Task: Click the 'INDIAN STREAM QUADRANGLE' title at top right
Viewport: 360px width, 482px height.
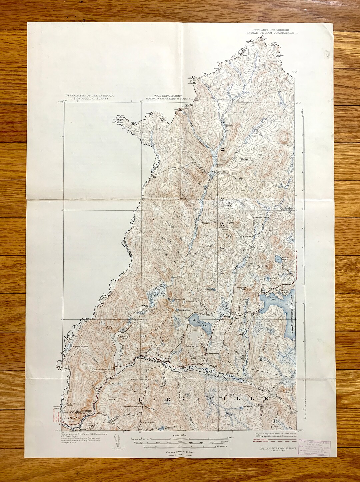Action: point(271,33)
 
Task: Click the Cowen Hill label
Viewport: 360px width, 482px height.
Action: point(229,236)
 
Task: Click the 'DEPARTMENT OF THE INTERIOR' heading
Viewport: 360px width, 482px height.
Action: point(89,96)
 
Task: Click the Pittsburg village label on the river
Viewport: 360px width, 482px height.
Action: point(165,358)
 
